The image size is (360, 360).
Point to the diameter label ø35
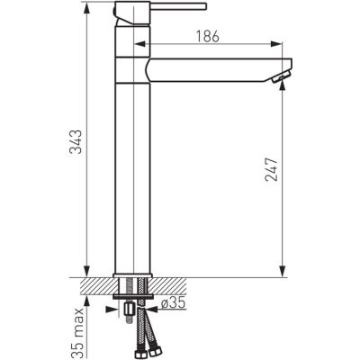(175, 304)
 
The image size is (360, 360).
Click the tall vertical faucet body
(132, 171)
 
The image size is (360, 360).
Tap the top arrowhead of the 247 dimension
(282, 87)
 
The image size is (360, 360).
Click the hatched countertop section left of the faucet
(94, 283)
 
